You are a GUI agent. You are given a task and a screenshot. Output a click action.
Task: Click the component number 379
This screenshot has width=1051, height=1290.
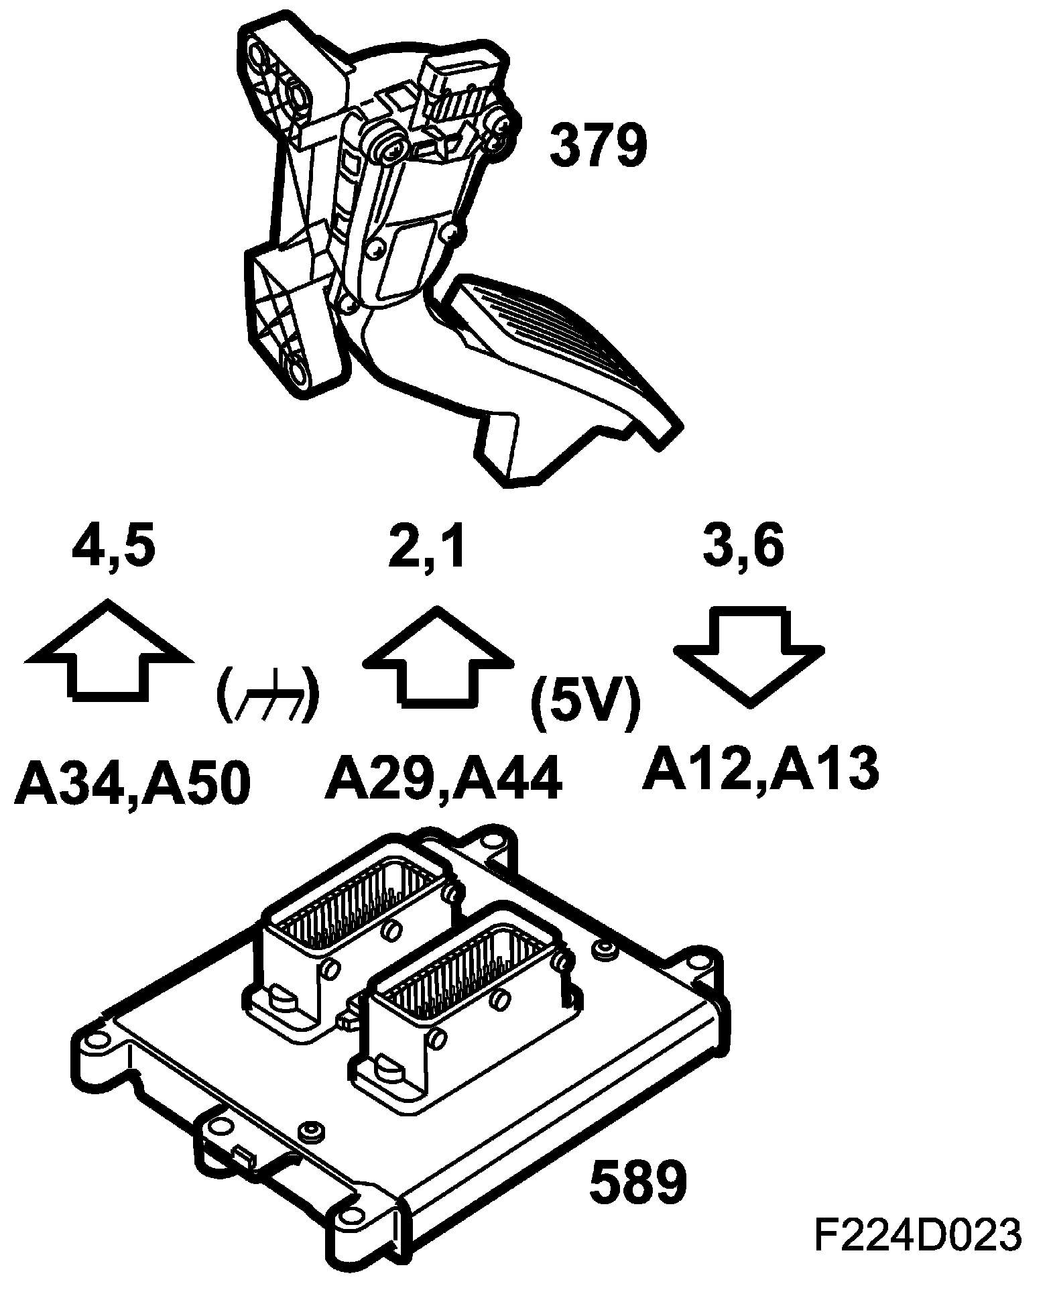pyautogui.click(x=599, y=145)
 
